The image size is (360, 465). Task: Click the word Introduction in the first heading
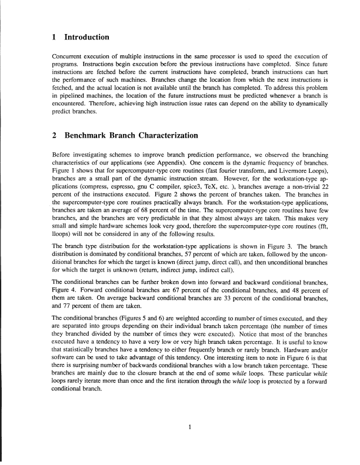coord(86,38)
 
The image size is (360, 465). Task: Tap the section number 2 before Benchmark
coord(54,136)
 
